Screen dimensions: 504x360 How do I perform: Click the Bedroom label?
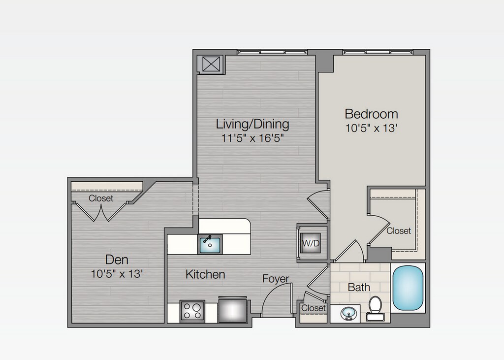click(x=371, y=114)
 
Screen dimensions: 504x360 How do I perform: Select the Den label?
click(x=117, y=260)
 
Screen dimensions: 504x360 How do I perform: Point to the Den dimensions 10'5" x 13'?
click(x=117, y=274)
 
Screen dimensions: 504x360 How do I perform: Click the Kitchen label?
click(x=205, y=274)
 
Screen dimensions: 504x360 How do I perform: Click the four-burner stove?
click(x=192, y=311)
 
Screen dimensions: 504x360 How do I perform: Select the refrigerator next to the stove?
click(x=233, y=309)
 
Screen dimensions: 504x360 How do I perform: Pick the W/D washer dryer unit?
click(x=311, y=243)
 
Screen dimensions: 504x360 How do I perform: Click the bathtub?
click(x=408, y=288)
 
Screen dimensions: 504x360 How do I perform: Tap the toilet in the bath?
click(x=375, y=308)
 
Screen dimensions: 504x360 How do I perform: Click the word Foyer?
click(x=276, y=279)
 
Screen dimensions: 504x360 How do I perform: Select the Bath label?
click(x=359, y=287)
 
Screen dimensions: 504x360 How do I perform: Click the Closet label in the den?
click(x=101, y=198)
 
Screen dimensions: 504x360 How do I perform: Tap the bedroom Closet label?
click(x=399, y=230)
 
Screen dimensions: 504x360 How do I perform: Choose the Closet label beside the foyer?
click(x=314, y=308)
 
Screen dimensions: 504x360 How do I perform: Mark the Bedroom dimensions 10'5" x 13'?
click(x=372, y=128)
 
